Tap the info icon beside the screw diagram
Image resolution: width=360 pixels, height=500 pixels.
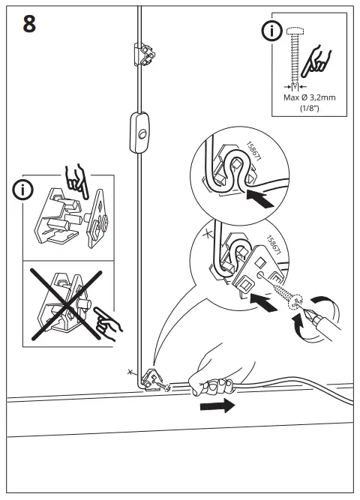pos(271,31)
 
